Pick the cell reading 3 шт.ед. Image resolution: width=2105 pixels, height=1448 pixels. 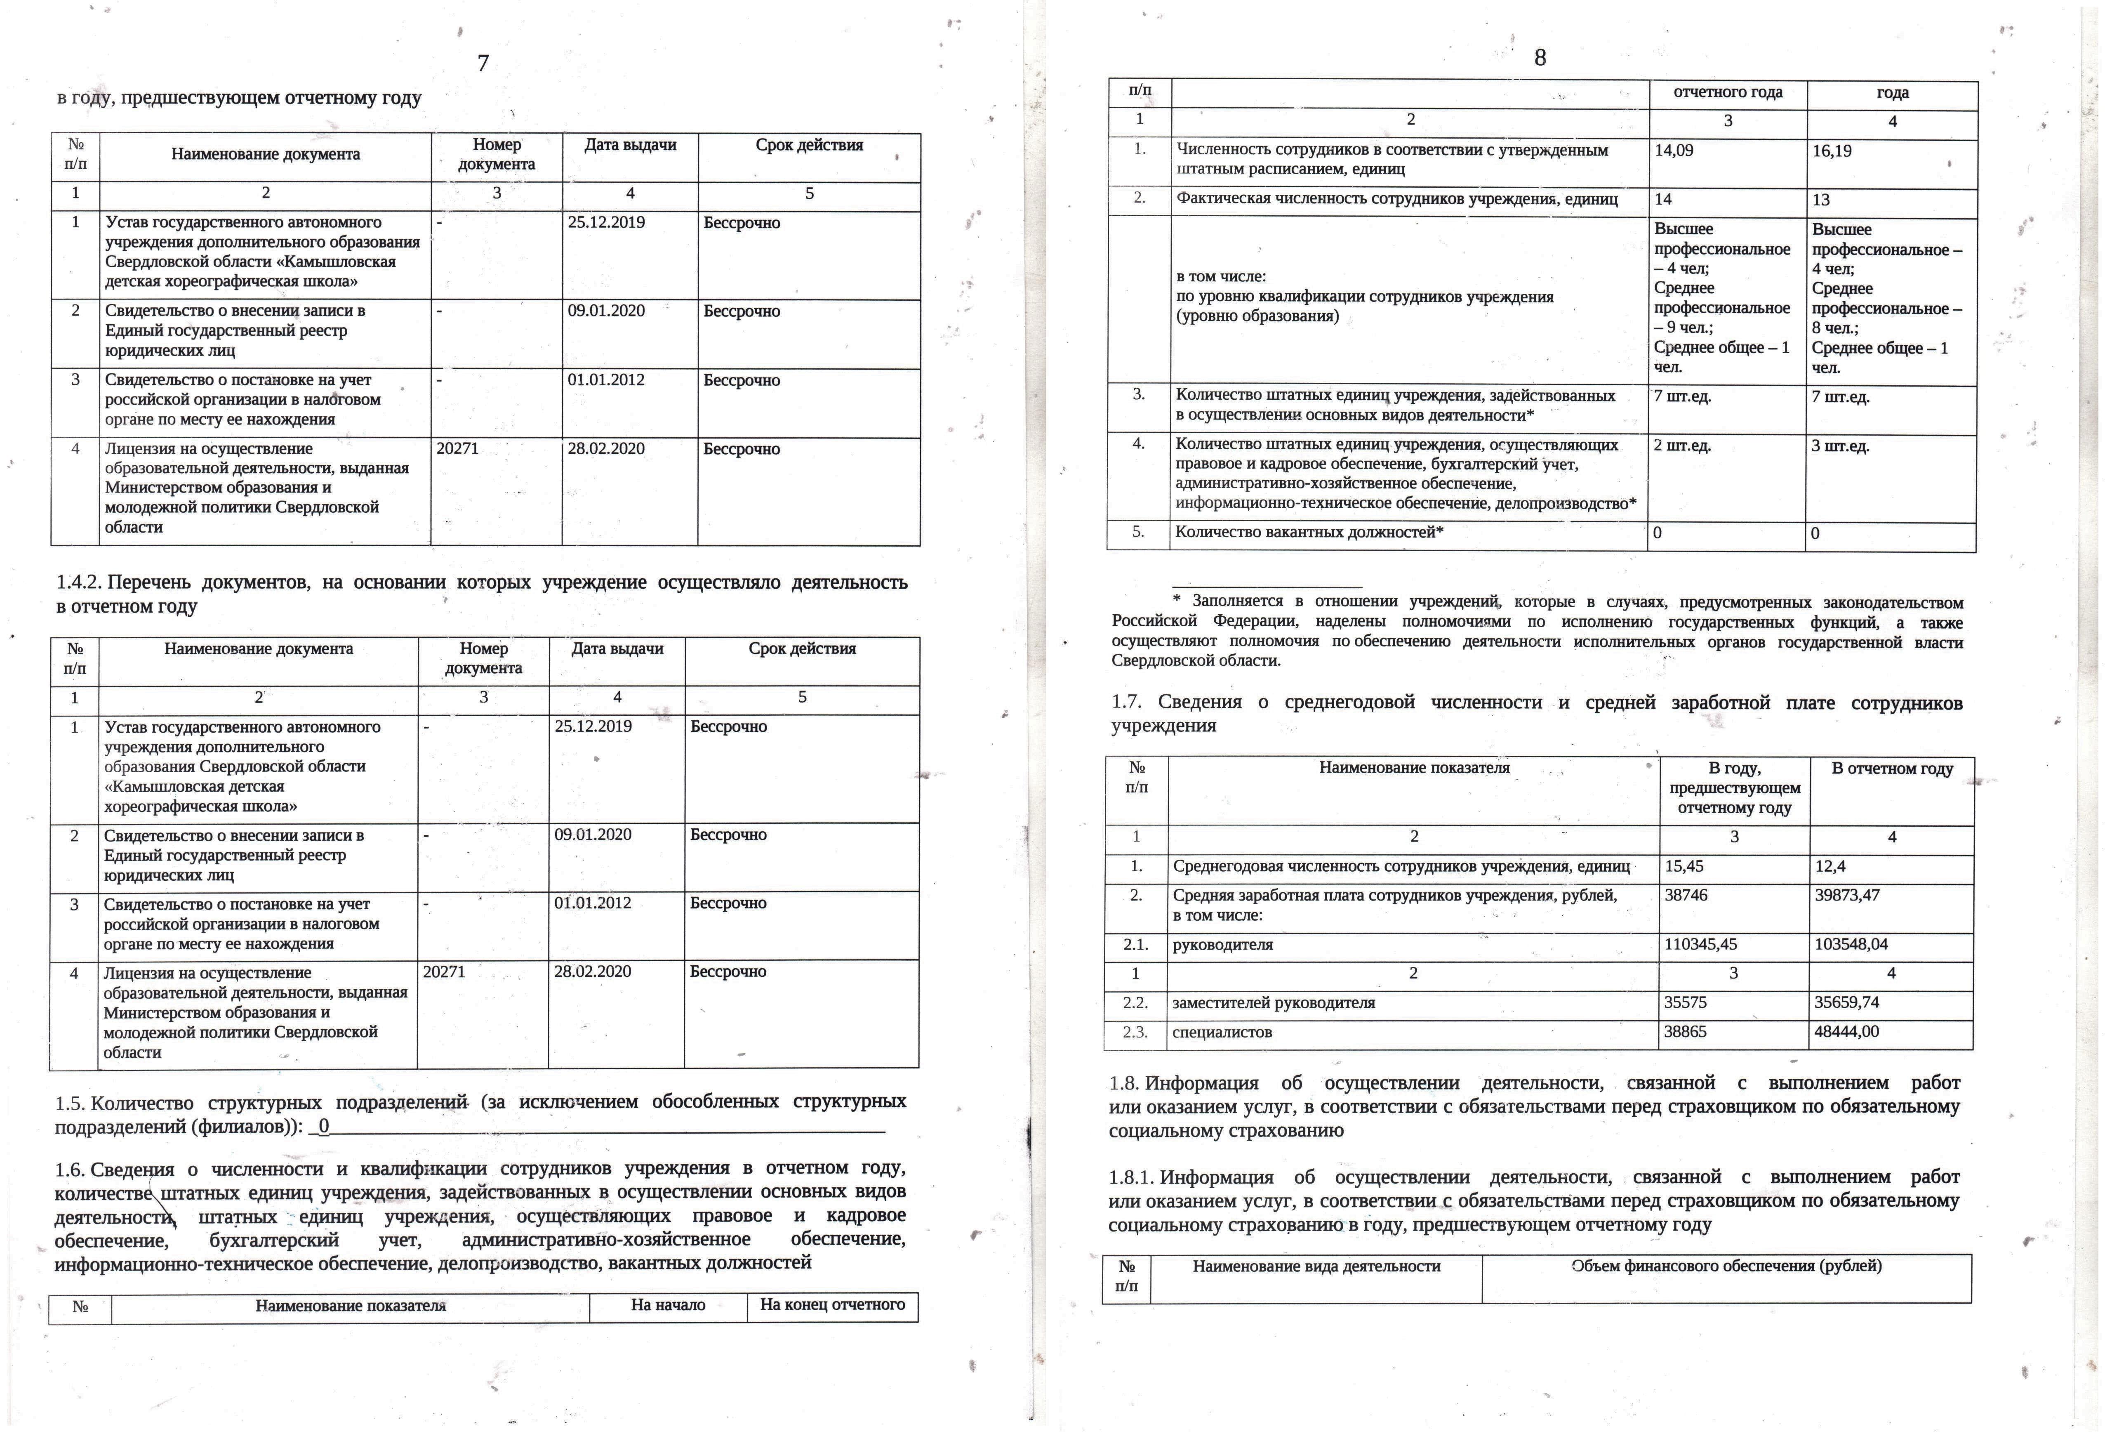coord(1840,446)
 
